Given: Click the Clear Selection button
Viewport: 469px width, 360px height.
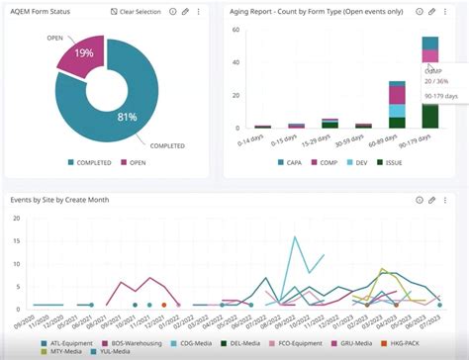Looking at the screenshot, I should click(x=138, y=11).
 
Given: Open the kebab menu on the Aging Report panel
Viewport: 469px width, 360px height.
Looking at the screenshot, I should click(x=447, y=11).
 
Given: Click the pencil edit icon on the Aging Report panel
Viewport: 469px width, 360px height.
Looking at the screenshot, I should click(x=431, y=11).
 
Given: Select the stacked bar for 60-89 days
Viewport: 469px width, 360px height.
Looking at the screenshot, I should click(x=397, y=105).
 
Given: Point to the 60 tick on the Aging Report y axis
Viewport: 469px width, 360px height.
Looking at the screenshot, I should click(x=235, y=30).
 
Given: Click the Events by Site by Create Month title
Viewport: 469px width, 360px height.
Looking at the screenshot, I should click(x=60, y=199).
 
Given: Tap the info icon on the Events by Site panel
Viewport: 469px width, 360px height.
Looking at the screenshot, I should click(x=417, y=199).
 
